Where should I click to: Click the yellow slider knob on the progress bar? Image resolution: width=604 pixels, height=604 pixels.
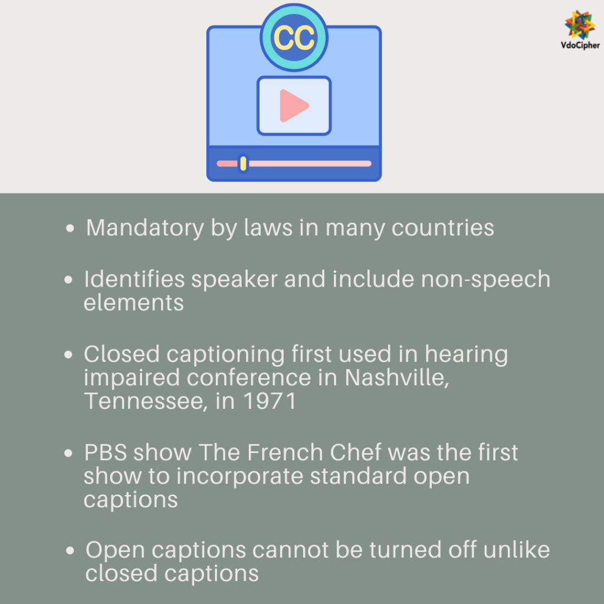click(x=243, y=163)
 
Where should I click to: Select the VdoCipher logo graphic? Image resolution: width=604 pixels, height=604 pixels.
click(x=580, y=24)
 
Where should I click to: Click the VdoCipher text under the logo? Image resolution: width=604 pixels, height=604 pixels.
click(x=580, y=45)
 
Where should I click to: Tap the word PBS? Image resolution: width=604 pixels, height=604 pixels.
click(x=104, y=452)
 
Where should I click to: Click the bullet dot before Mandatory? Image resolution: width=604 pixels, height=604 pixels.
click(x=71, y=228)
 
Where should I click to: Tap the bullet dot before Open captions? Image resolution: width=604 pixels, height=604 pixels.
click(x=71, y=550)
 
